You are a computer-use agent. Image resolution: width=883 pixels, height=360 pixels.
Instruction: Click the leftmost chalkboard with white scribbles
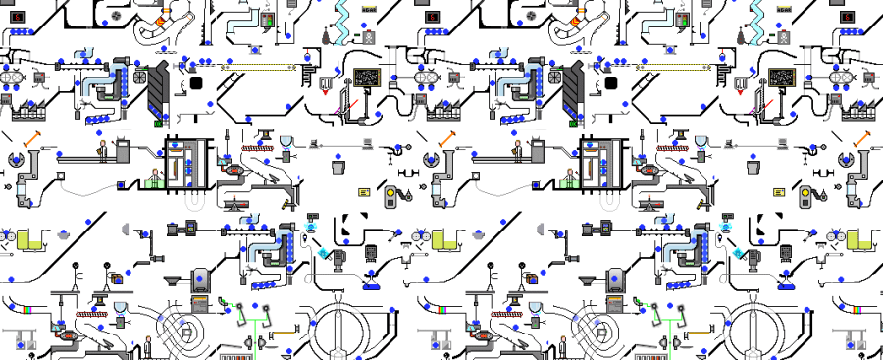pos(367,77)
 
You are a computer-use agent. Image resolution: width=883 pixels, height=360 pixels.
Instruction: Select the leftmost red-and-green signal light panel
pos(268,20)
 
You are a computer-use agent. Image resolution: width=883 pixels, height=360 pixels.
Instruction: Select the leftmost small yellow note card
pos(364,192)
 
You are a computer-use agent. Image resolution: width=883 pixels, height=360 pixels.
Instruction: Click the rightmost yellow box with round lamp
pos(807,197)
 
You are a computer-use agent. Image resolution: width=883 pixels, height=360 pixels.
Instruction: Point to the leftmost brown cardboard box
pos(117,279)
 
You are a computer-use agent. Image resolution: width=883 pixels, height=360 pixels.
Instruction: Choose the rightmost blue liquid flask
pos(788,284)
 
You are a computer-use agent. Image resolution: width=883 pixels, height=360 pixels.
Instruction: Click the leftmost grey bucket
pos(338,167)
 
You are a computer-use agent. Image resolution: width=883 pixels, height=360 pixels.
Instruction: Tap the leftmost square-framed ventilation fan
pos(140,77)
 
